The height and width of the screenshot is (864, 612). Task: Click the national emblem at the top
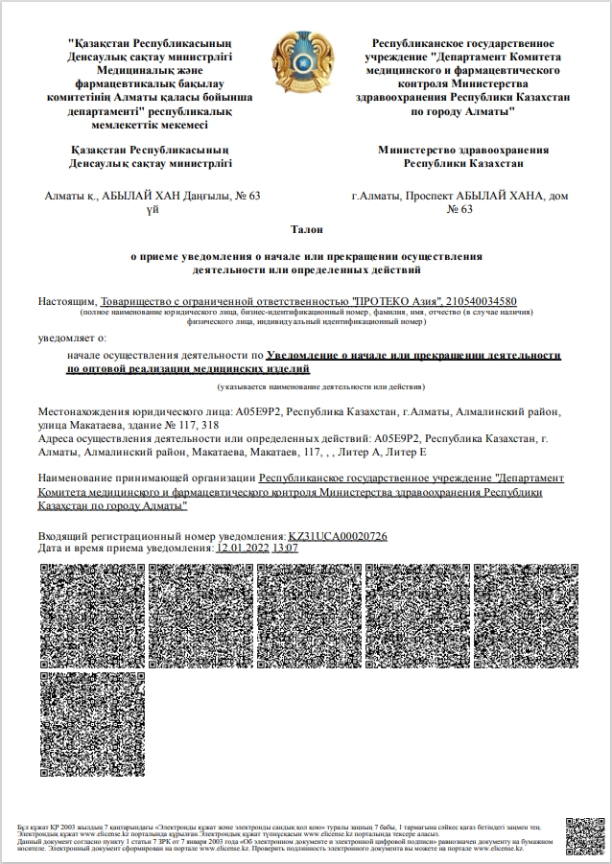pyautogui.click(x=306, y=62)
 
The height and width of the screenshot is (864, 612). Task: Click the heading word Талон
pyautogui.click(x=306, y=229)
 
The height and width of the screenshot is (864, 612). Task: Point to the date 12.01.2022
pyautogui.click(x=244, y=548)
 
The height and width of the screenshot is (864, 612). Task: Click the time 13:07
pyautogui.click(x=286, y=548)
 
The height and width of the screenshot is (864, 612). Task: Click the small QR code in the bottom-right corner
pyautogui.click(x=584, y=836)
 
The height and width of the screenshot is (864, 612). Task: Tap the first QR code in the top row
pyautogui.click(x=92, y=614)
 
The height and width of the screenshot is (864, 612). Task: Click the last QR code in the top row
pyautogui.click(x=526, y=614)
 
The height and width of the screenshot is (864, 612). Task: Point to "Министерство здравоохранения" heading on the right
pyautogui.click(x=463, y=150)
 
